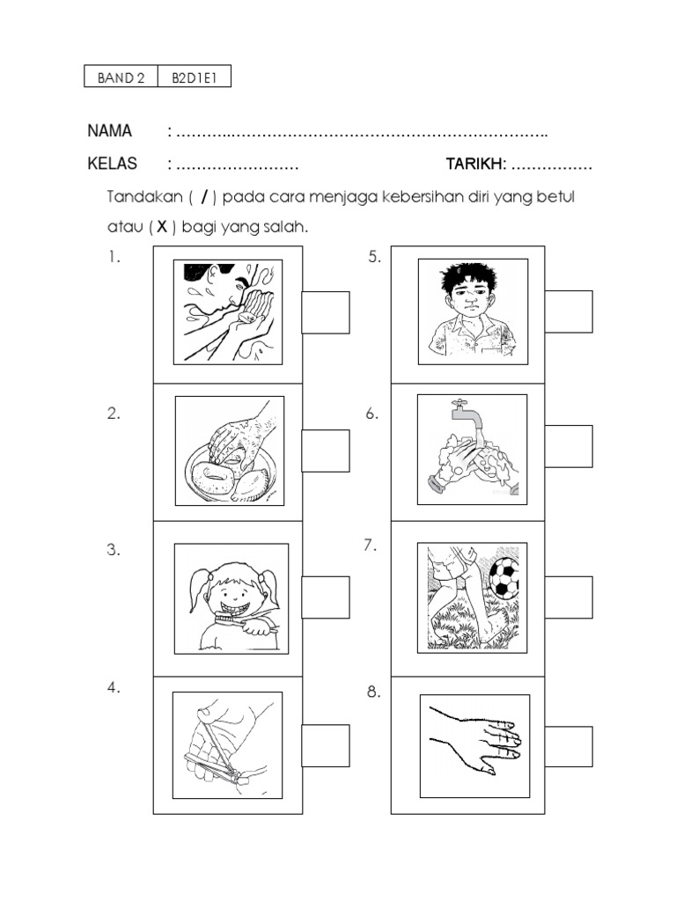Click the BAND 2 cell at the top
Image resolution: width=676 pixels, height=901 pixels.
click(x=121, y=77)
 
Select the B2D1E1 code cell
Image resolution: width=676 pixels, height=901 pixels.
click(x=194, y=77)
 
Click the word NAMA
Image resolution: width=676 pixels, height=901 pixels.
click(x=110, y=132)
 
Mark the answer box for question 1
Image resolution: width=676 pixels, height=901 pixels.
click(x=326, y=312)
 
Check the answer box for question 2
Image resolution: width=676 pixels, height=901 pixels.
click(x=326, y=450)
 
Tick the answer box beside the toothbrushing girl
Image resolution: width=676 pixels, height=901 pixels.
click(x=326, y=597)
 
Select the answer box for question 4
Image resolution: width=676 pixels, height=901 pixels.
click(x=326, y=745)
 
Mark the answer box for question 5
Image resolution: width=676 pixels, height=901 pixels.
click(x=568, y=311)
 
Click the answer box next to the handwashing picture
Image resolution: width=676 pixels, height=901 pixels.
click(x=568, y=446)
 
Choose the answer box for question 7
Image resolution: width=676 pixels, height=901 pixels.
click(x=568, y=597)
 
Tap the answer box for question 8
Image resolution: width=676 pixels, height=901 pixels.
click(x=568, y=747)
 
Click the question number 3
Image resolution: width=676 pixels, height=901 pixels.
click(x=114, y=551)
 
